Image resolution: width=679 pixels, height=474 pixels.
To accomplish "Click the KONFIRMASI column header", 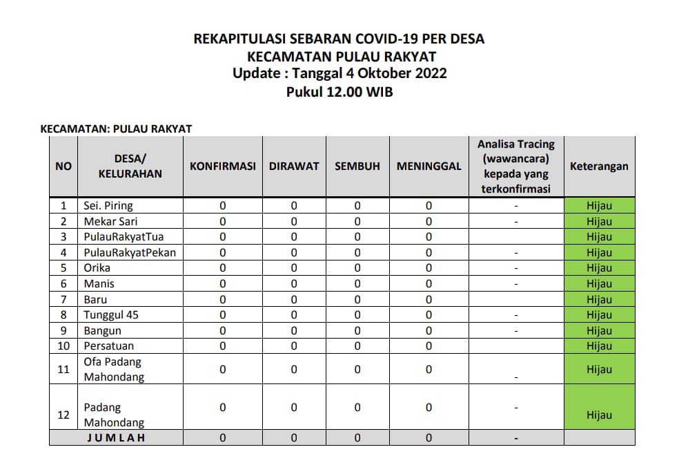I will [222, 167].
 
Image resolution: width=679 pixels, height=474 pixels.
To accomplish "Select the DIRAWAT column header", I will [294, 167].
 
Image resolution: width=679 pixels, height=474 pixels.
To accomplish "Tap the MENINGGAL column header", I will [429, 167].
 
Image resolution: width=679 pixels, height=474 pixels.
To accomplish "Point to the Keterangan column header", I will [599, 167].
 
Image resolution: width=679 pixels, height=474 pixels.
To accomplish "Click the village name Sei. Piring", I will [108, 205].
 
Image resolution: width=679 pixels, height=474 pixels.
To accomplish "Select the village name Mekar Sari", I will [106, 221].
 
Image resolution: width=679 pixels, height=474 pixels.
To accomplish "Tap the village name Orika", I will [97, 268].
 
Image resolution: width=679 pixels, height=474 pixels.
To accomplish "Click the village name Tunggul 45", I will [111, 315].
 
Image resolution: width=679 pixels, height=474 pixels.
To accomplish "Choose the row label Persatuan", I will [109, 345].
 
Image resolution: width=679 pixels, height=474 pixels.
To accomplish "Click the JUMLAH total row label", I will [115, 437].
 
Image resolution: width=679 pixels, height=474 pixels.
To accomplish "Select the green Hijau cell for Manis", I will [599, 284].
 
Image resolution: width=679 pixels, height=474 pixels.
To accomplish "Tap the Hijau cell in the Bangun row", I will [599, 331].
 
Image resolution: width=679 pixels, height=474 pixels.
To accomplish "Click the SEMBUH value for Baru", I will [357, 300].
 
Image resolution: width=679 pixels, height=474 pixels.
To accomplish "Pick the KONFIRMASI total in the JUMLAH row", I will [222, 437].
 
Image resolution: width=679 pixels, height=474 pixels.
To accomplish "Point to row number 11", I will [63, 370].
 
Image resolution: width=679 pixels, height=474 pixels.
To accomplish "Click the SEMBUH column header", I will [357, 167].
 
